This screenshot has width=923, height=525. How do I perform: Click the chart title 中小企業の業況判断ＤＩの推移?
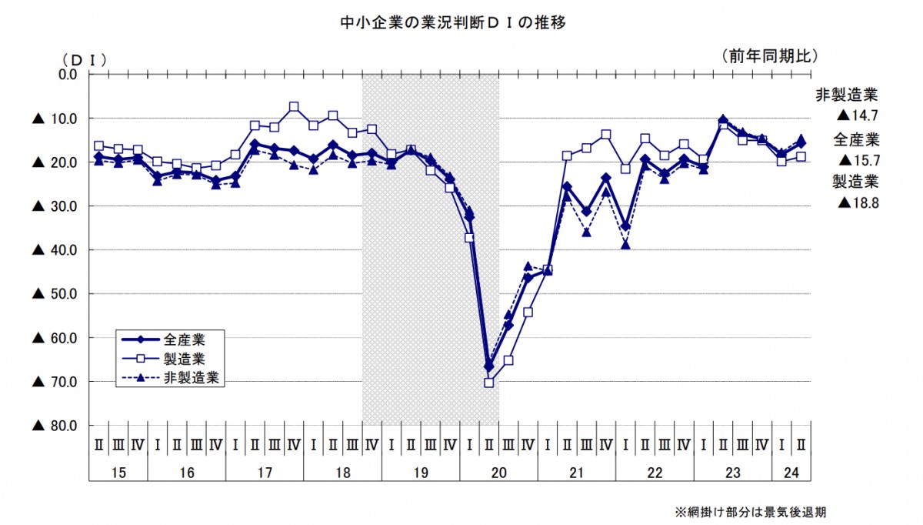point(454,23)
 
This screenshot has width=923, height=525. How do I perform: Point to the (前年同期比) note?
point(768,55)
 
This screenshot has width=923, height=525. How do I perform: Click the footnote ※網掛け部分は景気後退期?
point(750,512)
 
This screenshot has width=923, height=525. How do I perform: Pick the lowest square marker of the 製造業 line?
point(489,383)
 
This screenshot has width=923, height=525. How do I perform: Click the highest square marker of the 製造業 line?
point(294,107)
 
